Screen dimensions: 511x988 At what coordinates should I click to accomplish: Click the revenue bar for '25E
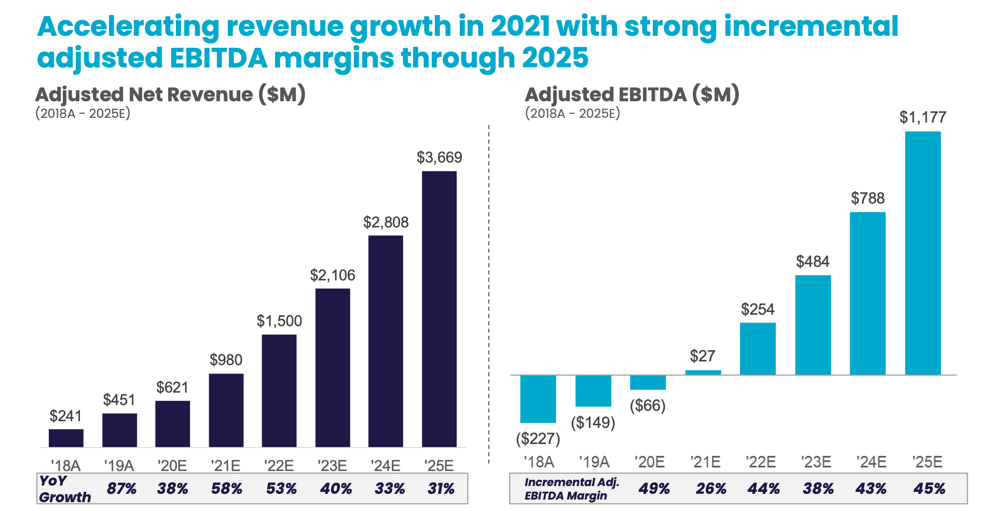[439, 309]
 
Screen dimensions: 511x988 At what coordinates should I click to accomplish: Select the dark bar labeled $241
[66, 438]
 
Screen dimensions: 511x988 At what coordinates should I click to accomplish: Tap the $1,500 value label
[279, 321]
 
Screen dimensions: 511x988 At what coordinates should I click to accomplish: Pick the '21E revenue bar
[226, 410]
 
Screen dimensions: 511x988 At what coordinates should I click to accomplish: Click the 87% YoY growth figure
[121, 489]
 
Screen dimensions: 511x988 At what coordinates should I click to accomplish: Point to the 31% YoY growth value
[441, 489]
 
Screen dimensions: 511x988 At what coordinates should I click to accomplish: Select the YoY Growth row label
[64, 489]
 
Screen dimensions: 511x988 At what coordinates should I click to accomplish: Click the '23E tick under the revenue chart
[332, 465]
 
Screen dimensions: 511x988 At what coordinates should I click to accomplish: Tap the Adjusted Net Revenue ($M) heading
[170, 95]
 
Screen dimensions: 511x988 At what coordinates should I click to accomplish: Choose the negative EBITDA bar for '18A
[538, 398]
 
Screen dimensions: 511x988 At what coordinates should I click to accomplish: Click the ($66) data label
[648, 405]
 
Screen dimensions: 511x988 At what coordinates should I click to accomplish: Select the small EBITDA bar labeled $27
[703, 372]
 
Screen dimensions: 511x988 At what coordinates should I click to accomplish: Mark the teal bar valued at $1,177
[923, 253]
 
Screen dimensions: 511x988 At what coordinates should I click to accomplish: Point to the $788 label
[868, 198]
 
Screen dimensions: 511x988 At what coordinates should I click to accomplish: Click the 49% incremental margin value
[654, 489]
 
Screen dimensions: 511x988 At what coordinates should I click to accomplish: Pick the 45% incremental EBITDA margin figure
[929, 489]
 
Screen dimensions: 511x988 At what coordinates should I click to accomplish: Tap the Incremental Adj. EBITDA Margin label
[571, 489]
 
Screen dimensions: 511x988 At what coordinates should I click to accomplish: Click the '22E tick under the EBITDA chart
[760, 462]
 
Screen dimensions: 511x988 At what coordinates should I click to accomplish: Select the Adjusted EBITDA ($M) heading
[632, 95]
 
